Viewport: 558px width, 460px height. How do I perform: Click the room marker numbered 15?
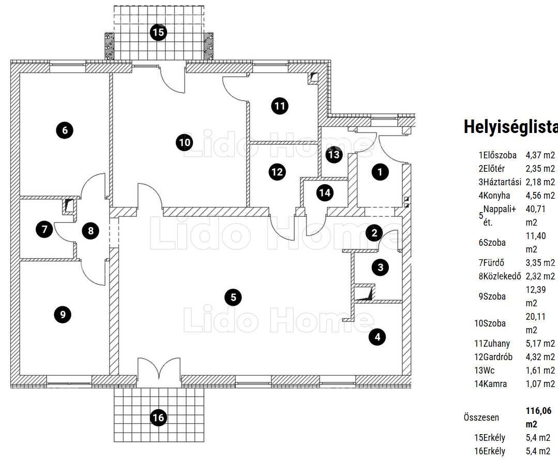pyautogui.click(x=158, y=33)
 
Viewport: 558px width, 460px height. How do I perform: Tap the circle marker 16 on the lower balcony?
pyautogui.click(x=158, y=417)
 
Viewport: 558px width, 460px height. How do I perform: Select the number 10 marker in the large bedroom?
pyautogui.click(x=185, y=143)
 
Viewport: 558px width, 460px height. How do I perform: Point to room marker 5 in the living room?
pyautogui.click(x=233, y=298)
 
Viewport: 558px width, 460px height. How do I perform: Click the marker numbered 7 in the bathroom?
pyautogui.click(x=44, y=229)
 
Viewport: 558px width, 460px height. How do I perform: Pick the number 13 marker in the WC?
pyautogui.click(x=334, y=155)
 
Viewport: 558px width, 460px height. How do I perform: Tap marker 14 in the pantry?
pyautogui.click(x=325, y=193)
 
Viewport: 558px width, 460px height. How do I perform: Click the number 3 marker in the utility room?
pyautogui.click(x=381, y=267)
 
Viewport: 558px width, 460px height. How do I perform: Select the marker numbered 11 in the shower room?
pyautogui.click(x=280, y=106)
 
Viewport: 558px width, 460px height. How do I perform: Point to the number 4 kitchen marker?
pyautogui.click(x=378, y=337)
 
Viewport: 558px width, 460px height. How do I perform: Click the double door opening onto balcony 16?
pyautogui.click(x=159, y=373)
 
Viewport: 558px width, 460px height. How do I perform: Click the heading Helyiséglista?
pyautogui.click(x=510, y=127)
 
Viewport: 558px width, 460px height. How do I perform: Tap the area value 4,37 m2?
pyautogui.click(x=540, y=155)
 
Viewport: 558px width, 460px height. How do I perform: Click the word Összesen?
pyautogui.click(x=481, y=418)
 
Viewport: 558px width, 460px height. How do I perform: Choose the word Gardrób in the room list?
pyautogui.click(x=498, y=357)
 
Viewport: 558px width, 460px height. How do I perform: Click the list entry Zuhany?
pyautogui.click(x=496, y=344)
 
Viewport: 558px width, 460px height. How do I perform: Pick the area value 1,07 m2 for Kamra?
pyautogui.click(x=540, y=384)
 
